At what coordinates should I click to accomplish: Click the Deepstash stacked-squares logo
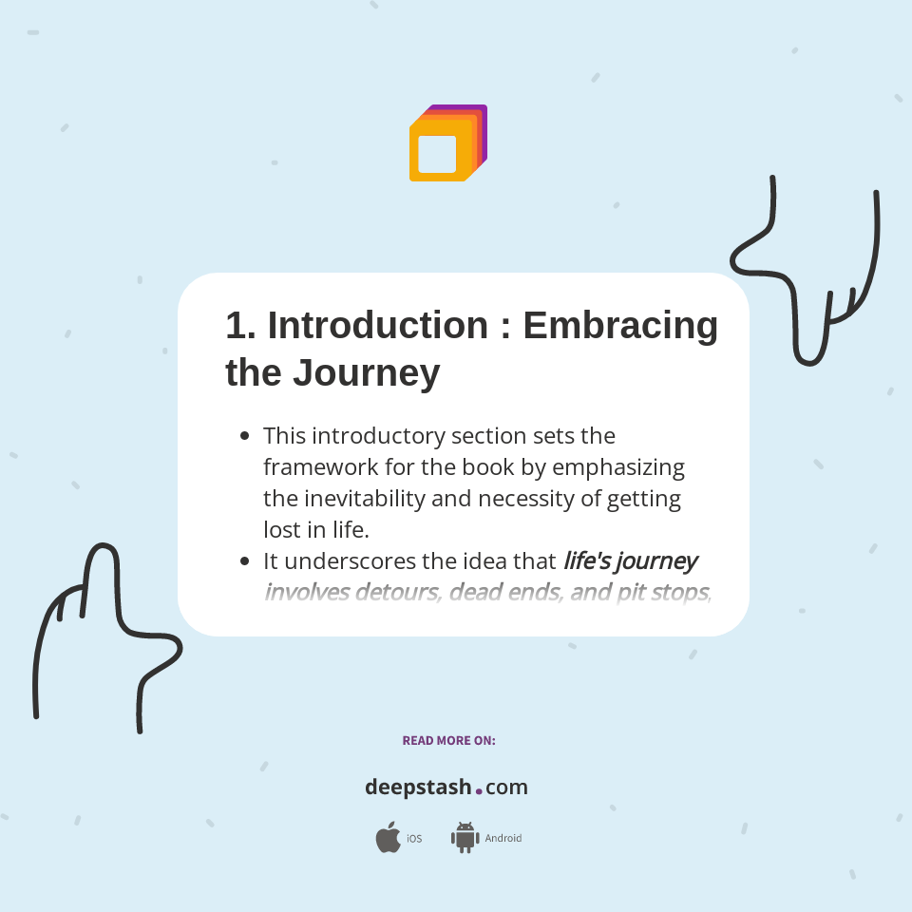[x=447, y=143]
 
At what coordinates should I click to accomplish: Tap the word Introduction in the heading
[x=378, y=325]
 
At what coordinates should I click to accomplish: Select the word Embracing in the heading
[x=620, y=325]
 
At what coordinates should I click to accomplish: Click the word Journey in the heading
[x=366, y=372]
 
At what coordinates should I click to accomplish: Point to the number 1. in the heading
[x=240, y=325]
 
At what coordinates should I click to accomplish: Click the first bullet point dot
[x=244, y=436]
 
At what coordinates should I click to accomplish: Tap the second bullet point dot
[x=244, y=561]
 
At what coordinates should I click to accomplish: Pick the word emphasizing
[x=618, y=467]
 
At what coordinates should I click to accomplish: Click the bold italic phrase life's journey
[x=630, y=561]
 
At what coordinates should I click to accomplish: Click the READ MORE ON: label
[x=448, y=741]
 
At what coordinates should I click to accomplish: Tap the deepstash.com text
[x=446, y=788]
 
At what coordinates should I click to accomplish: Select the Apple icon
[x=388, y=838]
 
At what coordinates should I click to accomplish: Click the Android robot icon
[x=465, y=838]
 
